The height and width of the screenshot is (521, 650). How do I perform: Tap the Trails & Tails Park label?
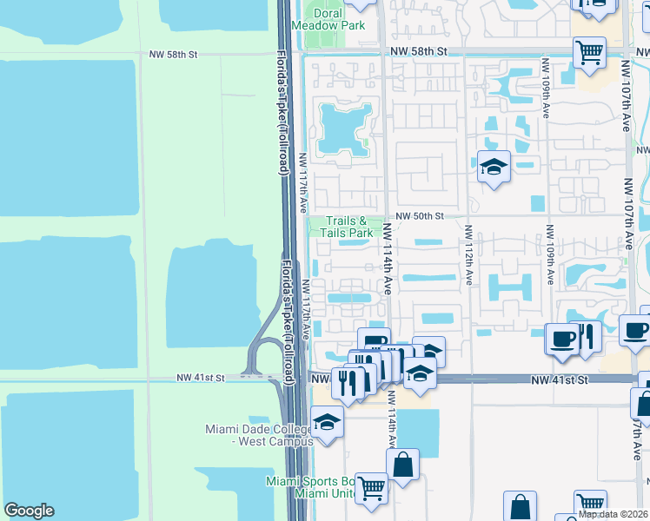point(349,228)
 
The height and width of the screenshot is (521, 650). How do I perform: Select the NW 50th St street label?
point(420,215)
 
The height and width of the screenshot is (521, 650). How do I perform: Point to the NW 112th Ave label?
point(468,255)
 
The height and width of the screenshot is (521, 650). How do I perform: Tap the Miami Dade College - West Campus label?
point(258,435)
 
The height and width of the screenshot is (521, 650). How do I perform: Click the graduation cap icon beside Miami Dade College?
point(327,423)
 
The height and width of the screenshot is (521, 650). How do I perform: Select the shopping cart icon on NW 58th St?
point(589,52)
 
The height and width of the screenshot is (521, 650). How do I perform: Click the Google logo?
point(29,511)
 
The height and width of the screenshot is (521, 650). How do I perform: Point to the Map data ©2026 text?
point(614,514)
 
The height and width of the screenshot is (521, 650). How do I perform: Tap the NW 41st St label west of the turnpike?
point(201,378)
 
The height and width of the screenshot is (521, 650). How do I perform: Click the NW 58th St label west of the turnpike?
point(174,54)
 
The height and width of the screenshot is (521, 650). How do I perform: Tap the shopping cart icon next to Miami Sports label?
point(371,488)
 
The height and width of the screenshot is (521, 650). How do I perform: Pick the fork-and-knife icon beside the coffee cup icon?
point(587,336)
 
